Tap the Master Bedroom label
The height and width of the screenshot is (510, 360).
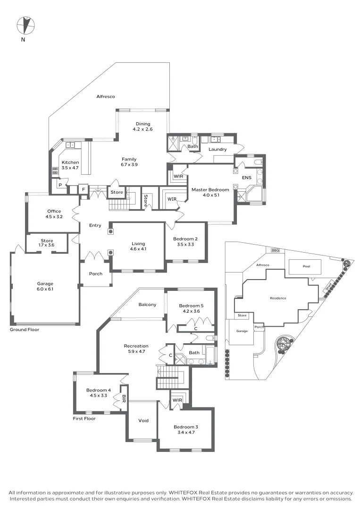click(x=210, y=190)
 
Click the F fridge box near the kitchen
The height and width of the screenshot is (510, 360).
click(x=84, y=189)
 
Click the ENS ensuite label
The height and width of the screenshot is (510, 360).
click(x=247, y=178)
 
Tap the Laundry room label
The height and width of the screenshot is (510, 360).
click(x=218, y=149)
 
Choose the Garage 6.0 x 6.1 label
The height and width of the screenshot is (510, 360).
click(x=45, y=286)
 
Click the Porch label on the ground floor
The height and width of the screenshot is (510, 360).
click(x=96, y=274)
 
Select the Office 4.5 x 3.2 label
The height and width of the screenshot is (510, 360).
click(x=54, y=214)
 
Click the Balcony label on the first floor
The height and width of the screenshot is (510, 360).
click(x=147, y=305)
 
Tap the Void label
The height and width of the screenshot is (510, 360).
click(x=143, y=420)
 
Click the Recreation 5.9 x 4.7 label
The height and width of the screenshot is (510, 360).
click(x=136, y=348)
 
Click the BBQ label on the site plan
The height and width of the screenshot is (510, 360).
click(x=275, y=250)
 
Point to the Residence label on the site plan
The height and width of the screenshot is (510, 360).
click(x=278, y=298)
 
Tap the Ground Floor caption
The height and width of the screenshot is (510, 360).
click(x=25, y=330)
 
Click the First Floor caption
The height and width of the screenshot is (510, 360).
click(x=84, y=418)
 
